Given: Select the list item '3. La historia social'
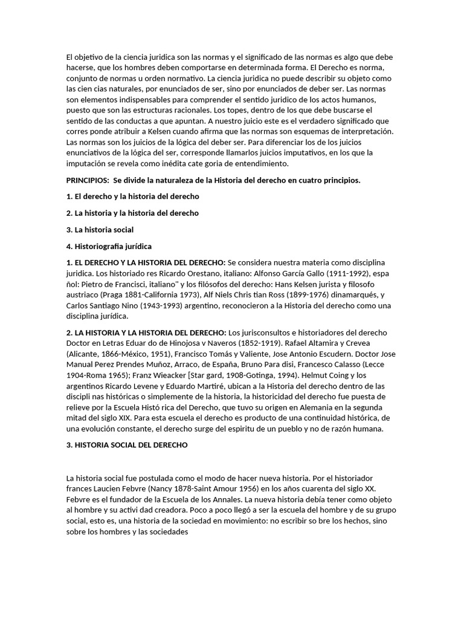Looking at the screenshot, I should [100, 230].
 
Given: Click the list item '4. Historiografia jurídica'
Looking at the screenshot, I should [109, 246].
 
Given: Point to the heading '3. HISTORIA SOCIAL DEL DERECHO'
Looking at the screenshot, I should [126, 445].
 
